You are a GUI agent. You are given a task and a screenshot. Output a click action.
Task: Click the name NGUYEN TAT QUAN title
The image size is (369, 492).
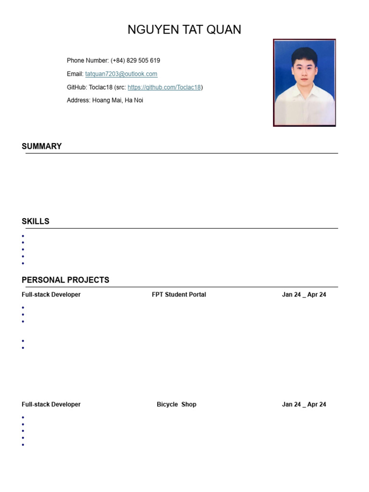coord(184,30)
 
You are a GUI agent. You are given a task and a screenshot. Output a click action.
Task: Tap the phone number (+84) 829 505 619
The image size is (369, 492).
coord(135,61)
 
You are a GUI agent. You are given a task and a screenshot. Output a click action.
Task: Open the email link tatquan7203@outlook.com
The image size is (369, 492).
coord(121,74)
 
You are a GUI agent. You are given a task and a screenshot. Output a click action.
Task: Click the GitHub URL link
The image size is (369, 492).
coord(164,87)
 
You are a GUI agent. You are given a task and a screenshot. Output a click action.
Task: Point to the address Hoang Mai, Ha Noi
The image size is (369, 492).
coord(117,100)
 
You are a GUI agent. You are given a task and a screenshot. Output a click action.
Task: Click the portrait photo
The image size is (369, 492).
coord(304,83)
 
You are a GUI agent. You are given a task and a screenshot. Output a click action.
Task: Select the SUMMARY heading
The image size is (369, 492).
coord(42,146)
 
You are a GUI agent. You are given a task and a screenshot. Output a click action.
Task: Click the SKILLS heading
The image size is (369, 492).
coord(36,221)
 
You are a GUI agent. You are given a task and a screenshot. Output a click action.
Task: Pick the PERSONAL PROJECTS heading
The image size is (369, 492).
coord(65,280)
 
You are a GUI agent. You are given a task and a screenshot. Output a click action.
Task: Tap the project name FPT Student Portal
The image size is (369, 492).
coord(179,295)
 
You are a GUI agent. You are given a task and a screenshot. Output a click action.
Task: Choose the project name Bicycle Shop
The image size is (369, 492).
coord(176,405)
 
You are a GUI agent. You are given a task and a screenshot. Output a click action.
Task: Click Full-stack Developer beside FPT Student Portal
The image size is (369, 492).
coord(51,295)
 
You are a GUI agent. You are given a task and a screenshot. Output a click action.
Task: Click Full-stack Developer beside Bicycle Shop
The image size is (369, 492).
coord(51,405)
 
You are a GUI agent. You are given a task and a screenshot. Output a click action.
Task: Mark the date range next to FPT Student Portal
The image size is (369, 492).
coord(304,295)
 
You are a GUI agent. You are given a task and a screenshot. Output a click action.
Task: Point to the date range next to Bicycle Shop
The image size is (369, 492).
coord(304,405)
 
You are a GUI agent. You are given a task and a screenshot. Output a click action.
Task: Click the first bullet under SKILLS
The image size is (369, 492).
coord(23,236)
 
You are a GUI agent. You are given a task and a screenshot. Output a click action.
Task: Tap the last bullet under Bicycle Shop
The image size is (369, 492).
coord(23,445)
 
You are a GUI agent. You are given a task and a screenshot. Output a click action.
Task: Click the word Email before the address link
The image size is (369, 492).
coord(74,74)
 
